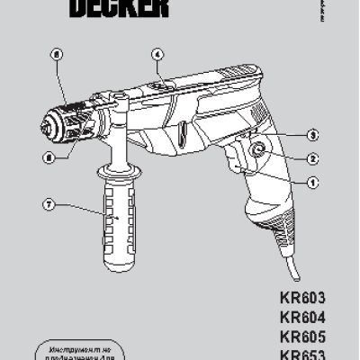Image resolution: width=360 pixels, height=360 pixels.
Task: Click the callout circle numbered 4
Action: click(156, 52)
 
